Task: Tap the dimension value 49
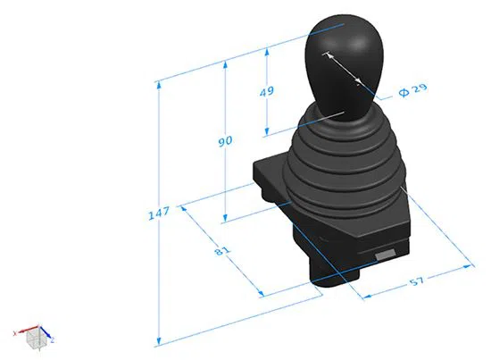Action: point(266,92)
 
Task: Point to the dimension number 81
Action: point(221,251)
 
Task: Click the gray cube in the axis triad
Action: point(34,339)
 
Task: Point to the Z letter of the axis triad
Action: point(53,341)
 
